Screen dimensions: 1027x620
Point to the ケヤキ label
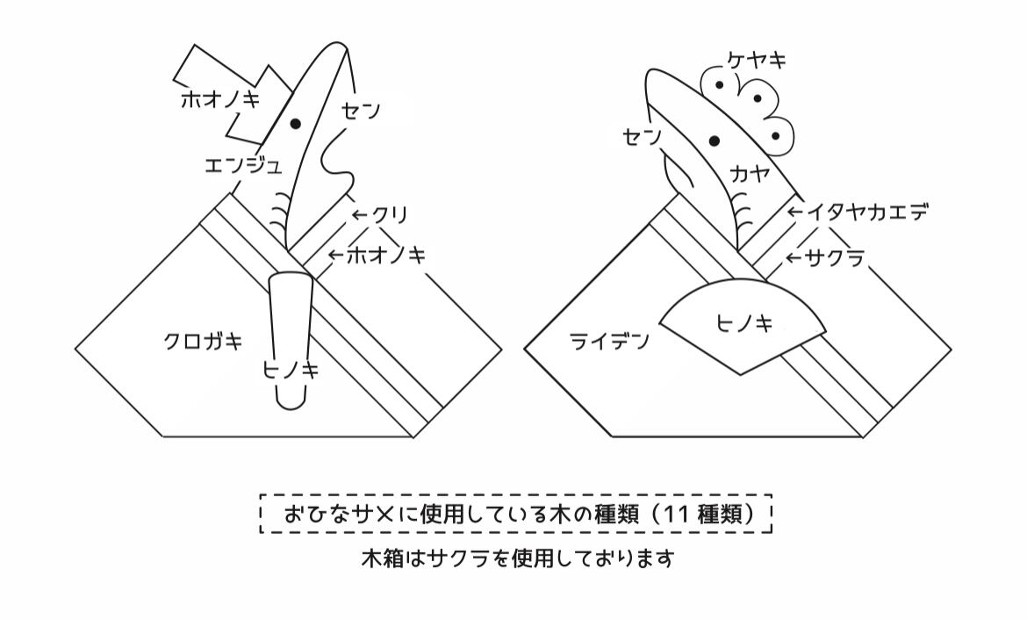(757, 61)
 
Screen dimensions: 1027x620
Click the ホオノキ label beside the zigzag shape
(220, 98)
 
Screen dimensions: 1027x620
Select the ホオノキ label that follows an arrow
(386, 256)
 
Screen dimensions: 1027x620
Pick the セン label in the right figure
(643, 137)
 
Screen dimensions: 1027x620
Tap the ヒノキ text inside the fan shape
(744, 324)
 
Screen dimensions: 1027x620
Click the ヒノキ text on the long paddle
(291, 370)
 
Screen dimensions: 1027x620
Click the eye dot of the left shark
(296, 123)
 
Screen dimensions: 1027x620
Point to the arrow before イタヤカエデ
(794, 213)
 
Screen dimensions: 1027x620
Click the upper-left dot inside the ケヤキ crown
(719, 84)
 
